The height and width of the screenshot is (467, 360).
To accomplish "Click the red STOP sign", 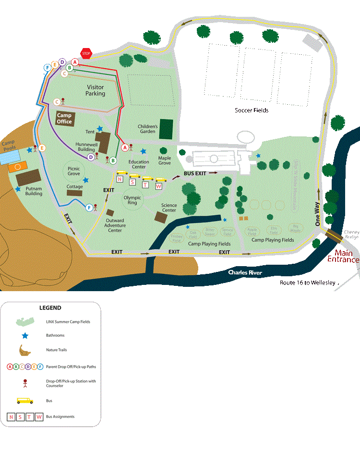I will (x=86, y=53).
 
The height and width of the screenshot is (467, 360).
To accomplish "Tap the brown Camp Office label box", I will (x=64, y=118).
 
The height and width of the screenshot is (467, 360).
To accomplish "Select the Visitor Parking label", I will (x=95, y=90).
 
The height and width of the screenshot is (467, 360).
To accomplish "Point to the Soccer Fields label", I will (x=252, y=110).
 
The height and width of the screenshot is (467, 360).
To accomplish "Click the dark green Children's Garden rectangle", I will (x=166, y=129).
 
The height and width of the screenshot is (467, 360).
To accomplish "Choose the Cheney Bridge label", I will (x=351, y=234).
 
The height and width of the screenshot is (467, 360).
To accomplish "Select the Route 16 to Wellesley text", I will (x=308, y=283).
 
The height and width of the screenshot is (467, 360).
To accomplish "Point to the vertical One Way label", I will (x=317, y=213).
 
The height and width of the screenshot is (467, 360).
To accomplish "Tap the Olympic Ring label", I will (x=132, y=200).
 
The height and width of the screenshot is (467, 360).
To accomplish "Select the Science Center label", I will (x=169, y=208).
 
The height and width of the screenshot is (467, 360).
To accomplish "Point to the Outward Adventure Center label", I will (x=114, y=225).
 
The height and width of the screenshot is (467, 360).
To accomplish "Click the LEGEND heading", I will (x=50, y=307).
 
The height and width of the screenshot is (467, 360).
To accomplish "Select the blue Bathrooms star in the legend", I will (x=24, y=335).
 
